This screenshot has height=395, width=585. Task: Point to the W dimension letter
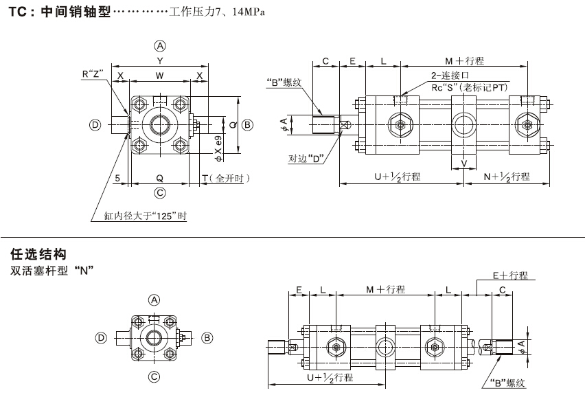[159, 74]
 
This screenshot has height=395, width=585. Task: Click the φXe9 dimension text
[218, 141]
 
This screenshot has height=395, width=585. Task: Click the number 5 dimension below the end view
[118, 179]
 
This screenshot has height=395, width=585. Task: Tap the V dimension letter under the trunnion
[464, 163]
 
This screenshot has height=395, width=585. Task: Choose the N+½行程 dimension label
[507, 177]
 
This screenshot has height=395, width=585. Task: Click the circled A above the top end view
[160, 46]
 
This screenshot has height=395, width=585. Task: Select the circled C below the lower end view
[154, 376]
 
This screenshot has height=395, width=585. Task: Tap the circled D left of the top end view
[95, 125]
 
